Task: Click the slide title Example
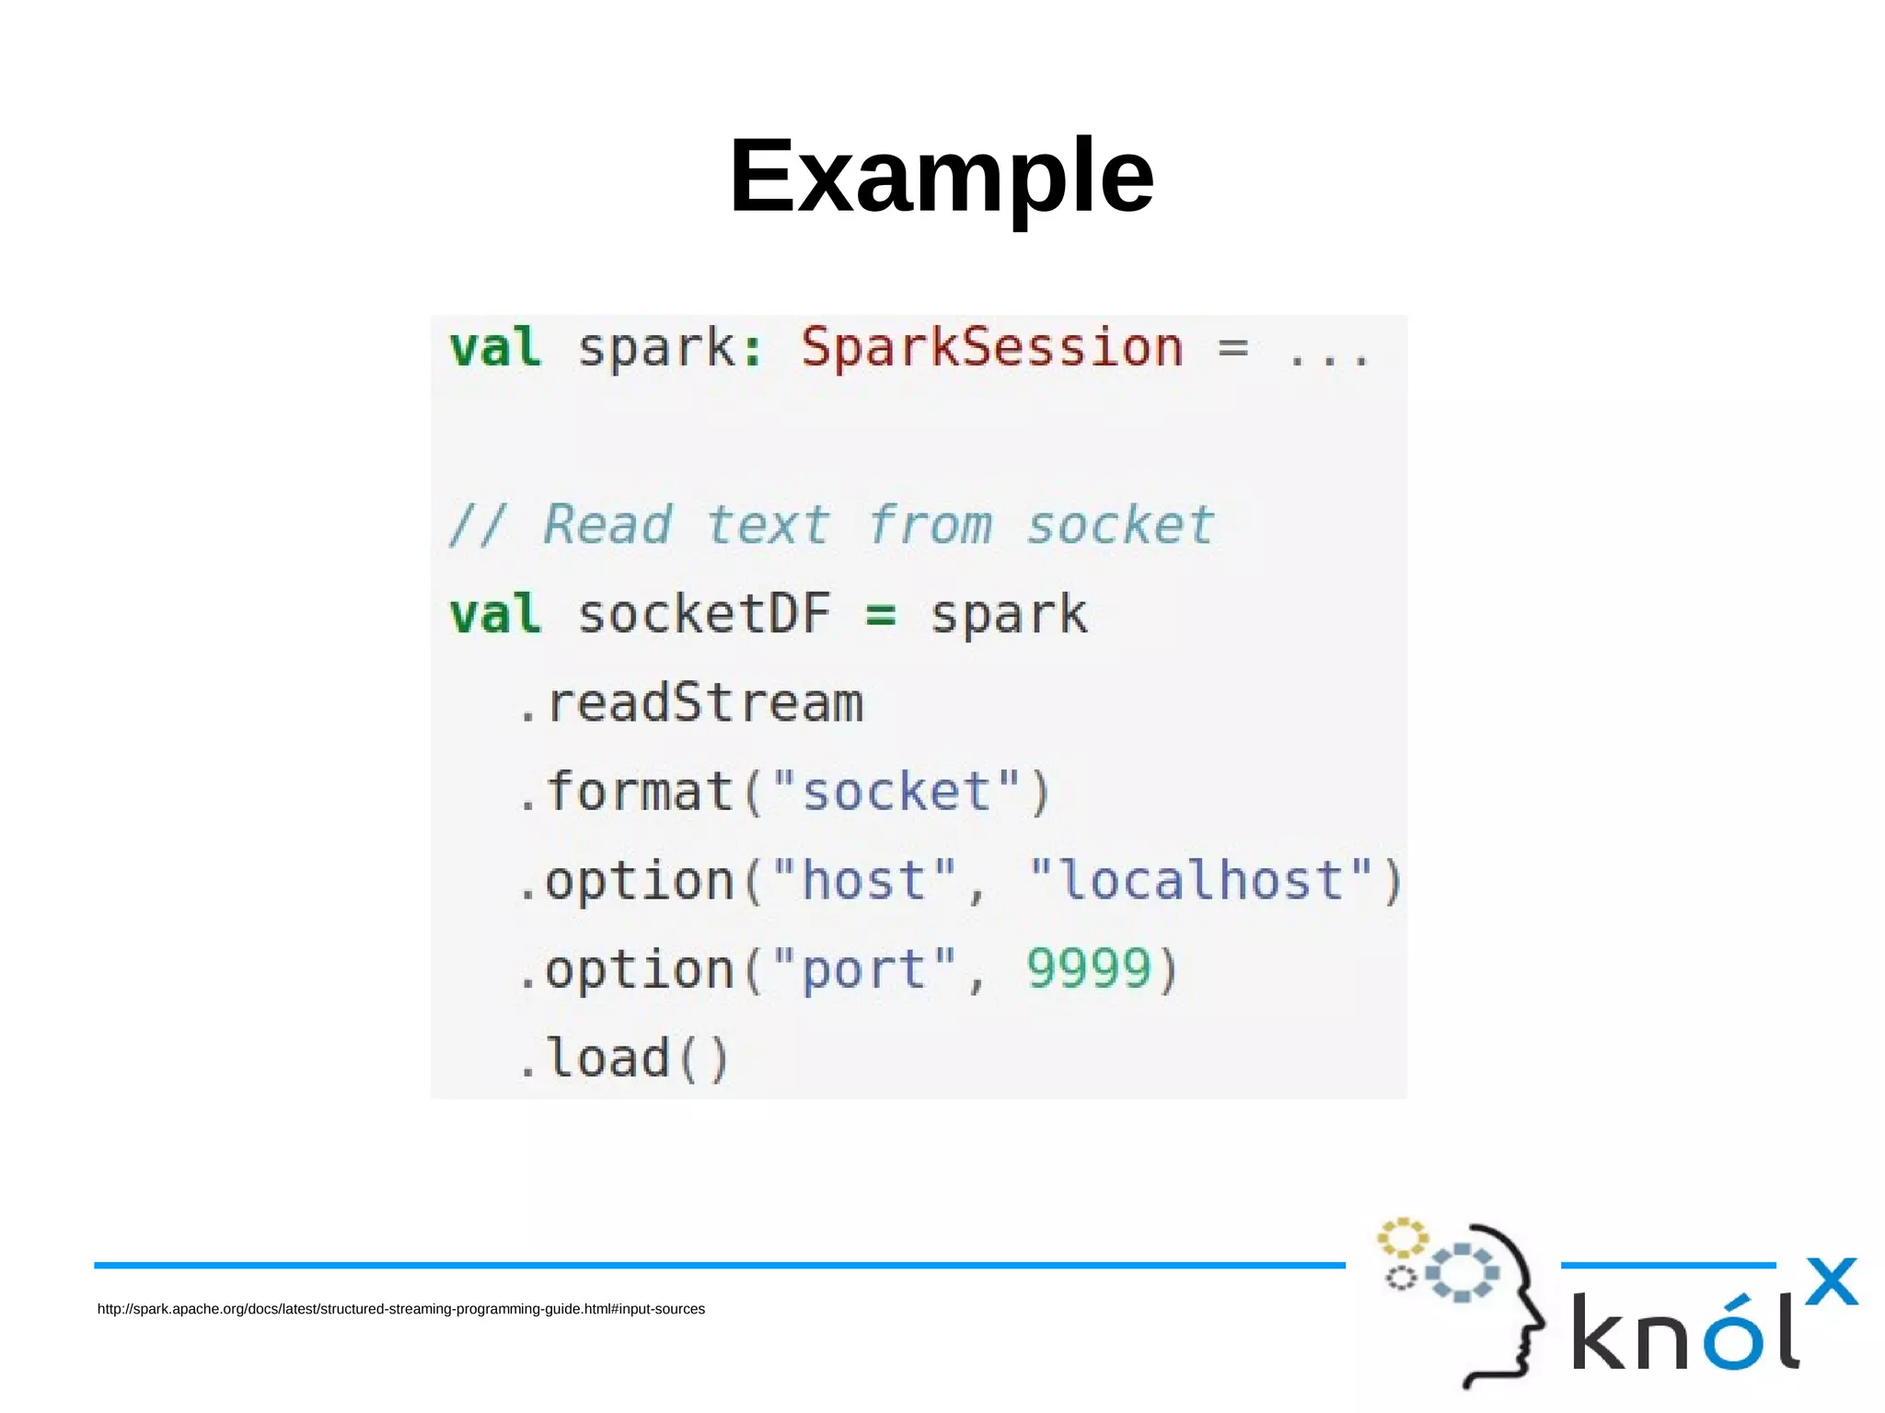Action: pos(941,176)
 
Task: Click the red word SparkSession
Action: pos(991,349)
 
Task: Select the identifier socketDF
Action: pos(704,614)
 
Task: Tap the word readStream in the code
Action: pos(705,704)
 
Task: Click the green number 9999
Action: pos(1089,969)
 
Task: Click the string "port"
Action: pos(864,970)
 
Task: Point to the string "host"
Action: pos(864,880)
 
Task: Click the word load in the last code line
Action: pos(608,1058)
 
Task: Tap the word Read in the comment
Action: pos(607,526)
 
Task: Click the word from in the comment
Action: pos(930,526)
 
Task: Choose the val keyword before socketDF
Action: pos(495,614)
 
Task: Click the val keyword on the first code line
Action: pos(495,349)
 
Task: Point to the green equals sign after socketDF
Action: pos(881,615)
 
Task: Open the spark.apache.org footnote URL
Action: pos(401,1309)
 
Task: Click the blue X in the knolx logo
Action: pos(1831,1281)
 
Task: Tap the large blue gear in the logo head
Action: pos(1463,1273)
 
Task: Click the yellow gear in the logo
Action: pos(1402,1238)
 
